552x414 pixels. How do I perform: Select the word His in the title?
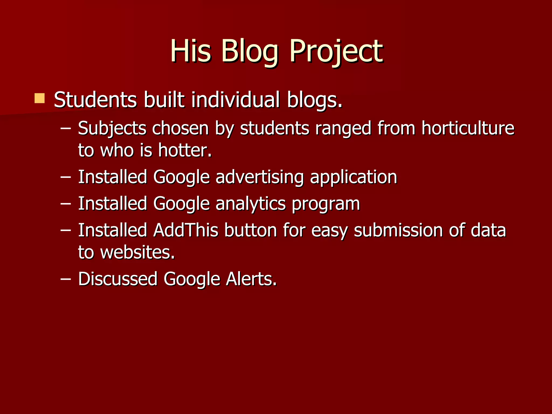coord(190,51)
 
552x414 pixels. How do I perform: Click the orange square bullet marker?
coord(40,98)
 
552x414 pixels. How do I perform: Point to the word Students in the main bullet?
coord(95,100)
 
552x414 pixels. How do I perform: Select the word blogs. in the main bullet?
coord(315,100)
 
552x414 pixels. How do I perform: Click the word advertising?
coord(260,177)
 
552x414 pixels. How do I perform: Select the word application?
coord(354,177)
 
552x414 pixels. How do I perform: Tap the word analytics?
coord(250,204)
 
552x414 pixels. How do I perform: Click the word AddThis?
coord(186,230)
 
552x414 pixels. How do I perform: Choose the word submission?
coord(398,230)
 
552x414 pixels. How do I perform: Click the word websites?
coord(137,253)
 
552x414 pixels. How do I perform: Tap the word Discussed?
coord(118,279)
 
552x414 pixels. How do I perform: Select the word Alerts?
coord(251,279)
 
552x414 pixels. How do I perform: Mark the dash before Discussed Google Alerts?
coord(66,279)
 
